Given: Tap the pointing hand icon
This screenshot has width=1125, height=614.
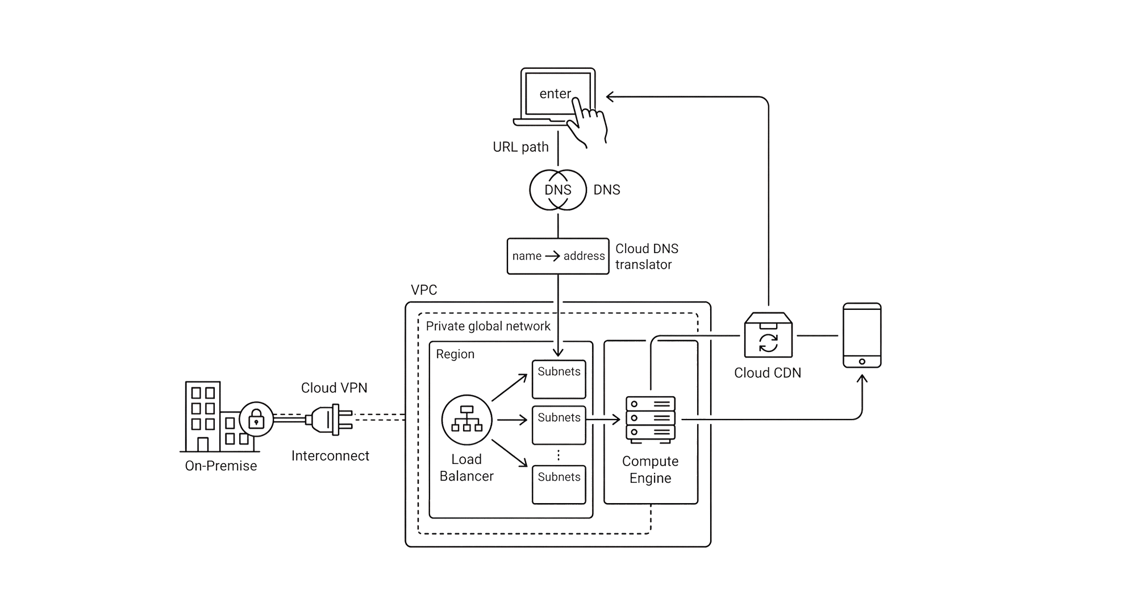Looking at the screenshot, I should (x=590, y=121).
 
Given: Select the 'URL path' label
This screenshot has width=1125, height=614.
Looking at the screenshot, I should (x=520, y=147).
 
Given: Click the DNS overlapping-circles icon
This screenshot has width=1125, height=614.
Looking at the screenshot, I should (x=557, y=190).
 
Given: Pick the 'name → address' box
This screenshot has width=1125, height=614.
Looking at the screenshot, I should (x=557, y=256).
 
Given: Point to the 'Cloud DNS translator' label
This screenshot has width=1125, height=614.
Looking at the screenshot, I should (x=647, y=256).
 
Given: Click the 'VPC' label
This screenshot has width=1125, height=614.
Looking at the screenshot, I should (x=424, y=290).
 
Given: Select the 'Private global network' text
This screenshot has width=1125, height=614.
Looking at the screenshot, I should (x=488, y=326).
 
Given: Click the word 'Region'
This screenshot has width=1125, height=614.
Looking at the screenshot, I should (x=455, y=354).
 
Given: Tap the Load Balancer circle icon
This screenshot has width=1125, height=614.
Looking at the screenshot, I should (x=466, y=420).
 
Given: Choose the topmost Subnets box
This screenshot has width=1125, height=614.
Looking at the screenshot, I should (x=559, y=379).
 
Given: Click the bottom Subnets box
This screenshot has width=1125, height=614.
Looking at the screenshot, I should (x=559, y=484).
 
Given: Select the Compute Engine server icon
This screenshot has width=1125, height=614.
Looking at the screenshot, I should (x=650, y=420).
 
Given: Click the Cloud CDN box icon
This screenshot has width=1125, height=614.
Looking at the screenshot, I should (x=768, y=335).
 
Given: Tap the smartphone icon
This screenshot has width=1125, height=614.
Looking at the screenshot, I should (x=861, y=335).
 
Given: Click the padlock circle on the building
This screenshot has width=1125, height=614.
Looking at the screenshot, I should (x=256, y=420).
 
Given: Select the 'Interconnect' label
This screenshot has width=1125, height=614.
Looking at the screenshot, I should (x=330, y=456).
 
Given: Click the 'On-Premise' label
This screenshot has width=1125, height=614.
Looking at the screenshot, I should (x=221, y=466).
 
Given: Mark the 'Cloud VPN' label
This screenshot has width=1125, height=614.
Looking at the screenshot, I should (x=334, y=388).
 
